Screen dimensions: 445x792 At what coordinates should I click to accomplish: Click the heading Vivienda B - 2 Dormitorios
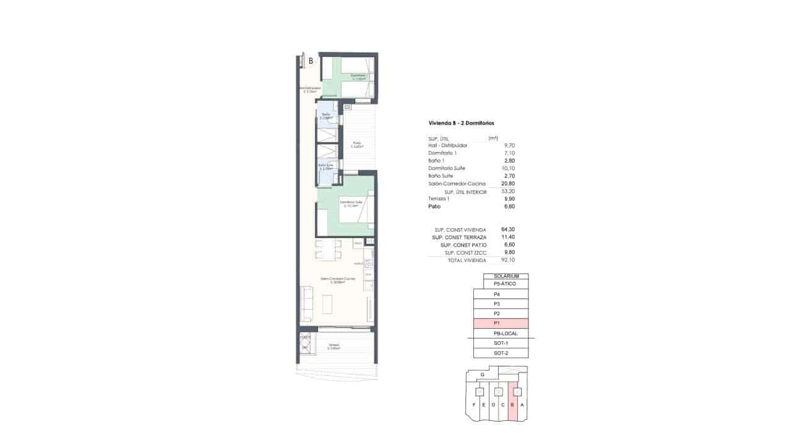tap(461, 123)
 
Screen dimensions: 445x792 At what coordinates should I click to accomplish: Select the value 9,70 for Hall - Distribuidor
tap(509, 145)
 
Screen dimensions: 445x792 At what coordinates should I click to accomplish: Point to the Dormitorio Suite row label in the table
tap(447, 168)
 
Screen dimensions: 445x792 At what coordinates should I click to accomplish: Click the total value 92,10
tap(507, 260)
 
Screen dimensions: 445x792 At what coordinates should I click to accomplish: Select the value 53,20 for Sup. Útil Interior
tap(507, 192)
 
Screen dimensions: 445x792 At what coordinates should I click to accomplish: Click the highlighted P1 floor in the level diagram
tap(501, 323)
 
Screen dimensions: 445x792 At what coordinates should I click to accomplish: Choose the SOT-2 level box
tap(501, 353)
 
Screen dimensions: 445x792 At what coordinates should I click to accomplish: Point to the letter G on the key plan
tap(483, 375)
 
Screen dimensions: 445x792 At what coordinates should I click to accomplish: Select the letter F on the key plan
tap(474, 405)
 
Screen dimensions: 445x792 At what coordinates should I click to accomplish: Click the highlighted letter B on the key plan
tap(513, 405)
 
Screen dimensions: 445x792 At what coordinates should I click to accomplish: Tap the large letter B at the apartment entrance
tap(310, 61)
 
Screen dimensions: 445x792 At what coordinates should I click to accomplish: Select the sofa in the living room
tap(306, 304)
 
